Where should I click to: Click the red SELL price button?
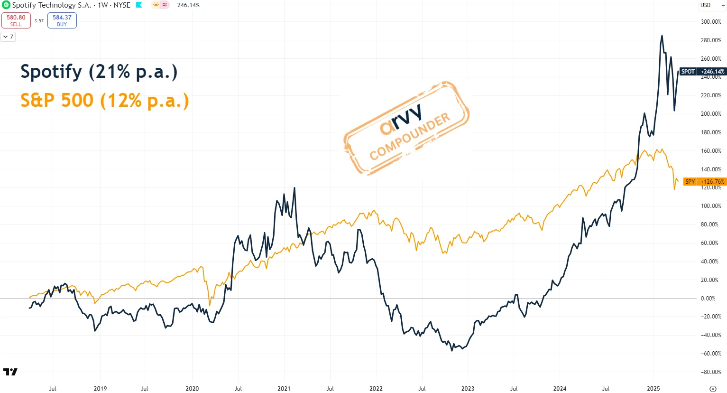pyautogui.click(x=16, y=20)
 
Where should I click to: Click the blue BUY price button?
pyautogui.click(x=62, y=20)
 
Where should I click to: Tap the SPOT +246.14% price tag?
pyautogui.click(x=703, y=72)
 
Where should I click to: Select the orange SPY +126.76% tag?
pyautogui.click(x=705, y=181)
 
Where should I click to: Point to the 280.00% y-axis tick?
pyautogui.click(x=711, y=40)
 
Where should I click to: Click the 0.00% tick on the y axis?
pyautogui.click(x=708, y=298)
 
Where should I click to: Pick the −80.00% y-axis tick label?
pyautogui.click(x=710, y=372)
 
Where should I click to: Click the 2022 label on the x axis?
pyautogui.click(x=376, y=388)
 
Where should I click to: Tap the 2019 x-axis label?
pyautogui.click(x=100, y=388)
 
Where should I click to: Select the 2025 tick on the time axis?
pyautogui.click(x=653, y=388)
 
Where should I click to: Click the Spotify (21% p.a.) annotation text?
pyautogui.click(x=99, y=72)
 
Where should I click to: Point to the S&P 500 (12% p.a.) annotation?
pyautogui.click(x=105, y=101)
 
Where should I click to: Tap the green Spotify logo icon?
pyautogui.click(x=6, y=5)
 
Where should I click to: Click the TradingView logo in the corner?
pyautogui.click(x=10, y=372)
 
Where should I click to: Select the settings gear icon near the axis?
pyautogui.click(x=713, y=389)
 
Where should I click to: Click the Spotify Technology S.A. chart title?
pyautogui.click(x=52, y=5)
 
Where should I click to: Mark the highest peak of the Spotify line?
pyautogui.click(x=662, y=36)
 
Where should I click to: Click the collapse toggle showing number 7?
pyautogui.click(x=8, y=37)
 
